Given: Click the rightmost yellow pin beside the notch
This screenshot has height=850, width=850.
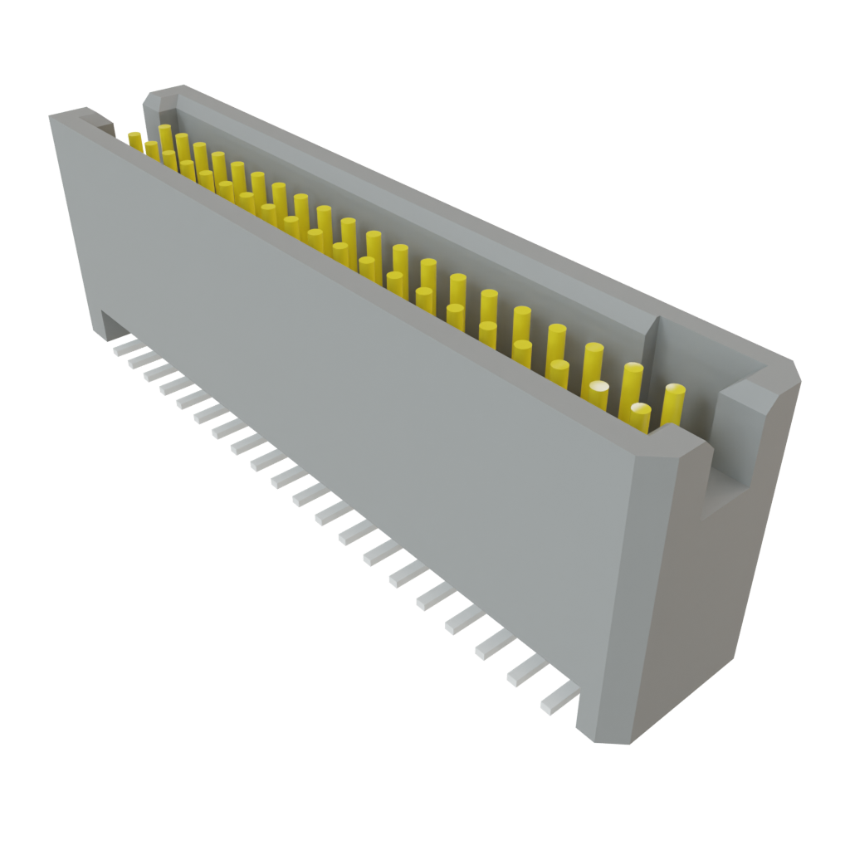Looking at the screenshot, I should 673,404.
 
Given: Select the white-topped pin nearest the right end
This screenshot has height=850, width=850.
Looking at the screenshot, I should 640,413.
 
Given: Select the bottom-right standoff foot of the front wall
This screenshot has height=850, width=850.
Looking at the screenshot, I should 599,722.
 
